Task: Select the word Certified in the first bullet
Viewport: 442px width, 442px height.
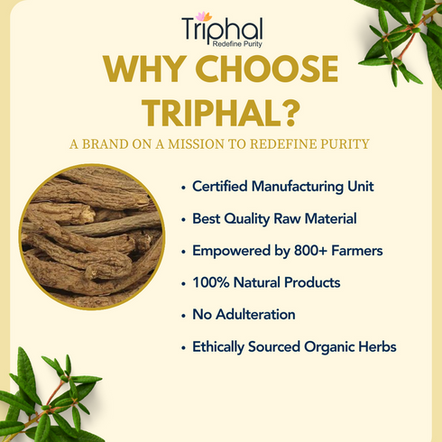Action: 222,187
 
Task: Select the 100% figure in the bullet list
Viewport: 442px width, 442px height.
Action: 209,282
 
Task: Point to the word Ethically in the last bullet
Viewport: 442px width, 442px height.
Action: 222,346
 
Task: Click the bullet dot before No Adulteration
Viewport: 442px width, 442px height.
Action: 184,315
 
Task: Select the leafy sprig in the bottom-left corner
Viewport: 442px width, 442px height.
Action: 45,401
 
